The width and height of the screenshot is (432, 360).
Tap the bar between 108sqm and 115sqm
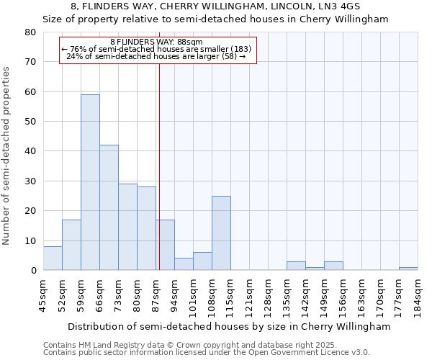pos(221,233)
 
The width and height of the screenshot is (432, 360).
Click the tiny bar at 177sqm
pos(408,269)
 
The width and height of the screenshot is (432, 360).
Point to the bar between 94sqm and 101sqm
pos(184,264)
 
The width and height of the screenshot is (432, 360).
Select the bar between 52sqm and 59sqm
pos(71,245)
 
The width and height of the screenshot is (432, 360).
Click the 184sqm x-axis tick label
pos(418,294)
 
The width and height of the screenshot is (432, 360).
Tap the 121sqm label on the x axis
pos(249,294)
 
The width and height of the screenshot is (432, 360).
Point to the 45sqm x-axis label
pos(43,294)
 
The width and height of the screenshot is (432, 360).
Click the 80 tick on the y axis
pos(30,32)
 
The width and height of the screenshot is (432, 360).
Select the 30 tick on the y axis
pos(30,181)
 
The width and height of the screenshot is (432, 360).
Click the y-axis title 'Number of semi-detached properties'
pos(7,156)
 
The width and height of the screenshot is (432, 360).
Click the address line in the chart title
pos(215,6)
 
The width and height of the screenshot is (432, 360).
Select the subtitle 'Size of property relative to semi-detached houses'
pos(215,19)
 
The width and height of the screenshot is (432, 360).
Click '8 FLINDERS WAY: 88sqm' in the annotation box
pos(156,42)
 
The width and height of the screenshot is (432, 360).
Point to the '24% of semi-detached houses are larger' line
pos(156,56)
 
